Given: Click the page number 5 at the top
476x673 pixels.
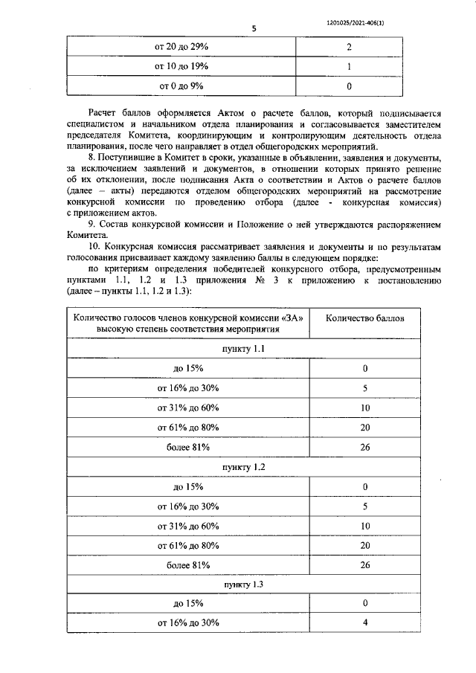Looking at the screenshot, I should (x=254, y=29).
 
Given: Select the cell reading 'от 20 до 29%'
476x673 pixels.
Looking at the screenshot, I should (x=181, y=47).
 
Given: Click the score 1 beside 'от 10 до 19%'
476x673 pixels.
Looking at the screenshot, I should (x=349, y=66).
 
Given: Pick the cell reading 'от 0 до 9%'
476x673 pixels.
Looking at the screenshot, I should (x=181, y=86).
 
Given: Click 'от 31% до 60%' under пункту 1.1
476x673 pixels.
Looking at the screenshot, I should (x=188, y=408).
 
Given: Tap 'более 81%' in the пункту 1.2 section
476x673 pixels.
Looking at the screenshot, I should (x=188, y=565).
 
